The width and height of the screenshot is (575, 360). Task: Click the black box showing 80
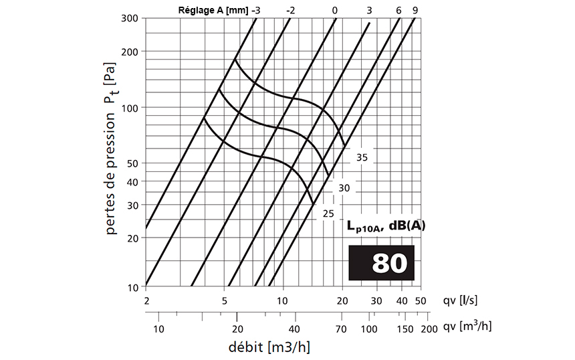point(382,262)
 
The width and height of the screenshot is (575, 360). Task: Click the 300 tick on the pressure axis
point(130,18)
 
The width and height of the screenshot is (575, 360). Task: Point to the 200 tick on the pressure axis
point(130,52)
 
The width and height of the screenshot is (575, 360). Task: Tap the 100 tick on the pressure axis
point(130,108)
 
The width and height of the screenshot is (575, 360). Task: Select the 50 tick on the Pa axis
point(132,163)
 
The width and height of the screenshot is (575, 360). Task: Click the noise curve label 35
point(362,158)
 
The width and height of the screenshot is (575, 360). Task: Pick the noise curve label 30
point(344,189)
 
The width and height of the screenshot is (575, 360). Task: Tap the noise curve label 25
point(328,213)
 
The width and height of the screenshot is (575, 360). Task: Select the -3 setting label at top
point(256,11)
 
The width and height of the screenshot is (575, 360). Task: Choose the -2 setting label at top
point(290,11)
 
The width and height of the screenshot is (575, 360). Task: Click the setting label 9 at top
point(415,11)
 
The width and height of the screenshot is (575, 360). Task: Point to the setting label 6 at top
point(398,11)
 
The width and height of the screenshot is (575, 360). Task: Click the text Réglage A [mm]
point(213,11)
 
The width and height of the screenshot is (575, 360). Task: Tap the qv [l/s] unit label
point(461,300)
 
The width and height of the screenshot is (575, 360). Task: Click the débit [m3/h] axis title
point(269,347)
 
